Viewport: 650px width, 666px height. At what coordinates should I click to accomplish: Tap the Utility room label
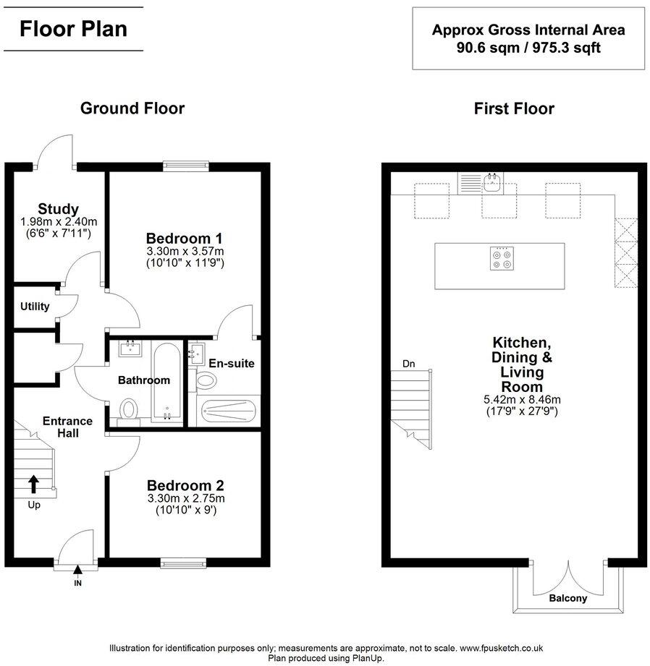point(34,307)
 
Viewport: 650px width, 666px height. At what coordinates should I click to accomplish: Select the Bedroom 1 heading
point(184,238)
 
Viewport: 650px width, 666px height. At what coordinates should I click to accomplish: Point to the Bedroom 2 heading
point(185,485)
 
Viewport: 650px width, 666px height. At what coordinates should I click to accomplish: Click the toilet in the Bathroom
point(129,411)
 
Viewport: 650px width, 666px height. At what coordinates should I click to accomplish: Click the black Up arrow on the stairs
point(33,482)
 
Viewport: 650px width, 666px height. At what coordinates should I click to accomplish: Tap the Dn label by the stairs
point(410,364)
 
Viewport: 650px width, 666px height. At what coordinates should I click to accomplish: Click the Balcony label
point(567,599)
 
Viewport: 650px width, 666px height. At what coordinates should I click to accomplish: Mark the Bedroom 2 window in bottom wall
point(182,563)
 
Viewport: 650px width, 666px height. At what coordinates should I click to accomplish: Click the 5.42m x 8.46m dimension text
point(522,398)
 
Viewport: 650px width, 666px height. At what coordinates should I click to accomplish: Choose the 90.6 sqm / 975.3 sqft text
point(528,48)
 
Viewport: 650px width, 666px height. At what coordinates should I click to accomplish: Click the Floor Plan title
point(73,29)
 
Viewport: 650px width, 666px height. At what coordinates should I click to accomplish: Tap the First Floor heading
point(514,108)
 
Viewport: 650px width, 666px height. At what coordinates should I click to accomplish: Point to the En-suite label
point(231,363)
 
